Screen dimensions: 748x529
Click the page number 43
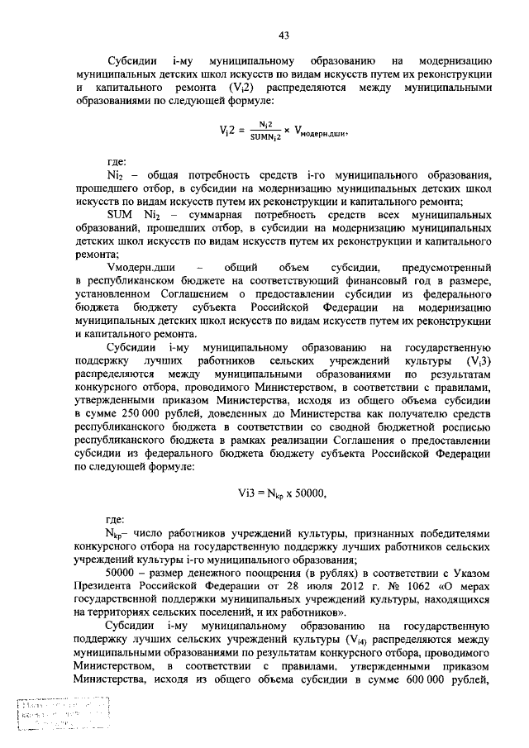(283, 35)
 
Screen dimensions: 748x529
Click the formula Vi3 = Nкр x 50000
(282, 493)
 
